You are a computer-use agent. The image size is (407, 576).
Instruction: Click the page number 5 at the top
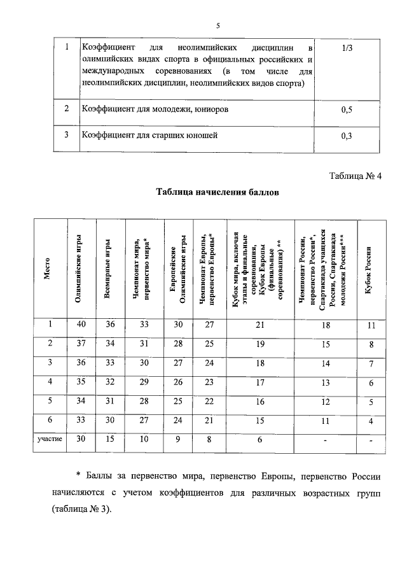pos(217,26)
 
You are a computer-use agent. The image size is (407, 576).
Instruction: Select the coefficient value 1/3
pos(347,48)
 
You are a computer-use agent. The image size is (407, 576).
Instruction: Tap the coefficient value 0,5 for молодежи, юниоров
pos(347,110)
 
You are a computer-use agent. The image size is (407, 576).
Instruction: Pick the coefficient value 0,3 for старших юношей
pos(347,136)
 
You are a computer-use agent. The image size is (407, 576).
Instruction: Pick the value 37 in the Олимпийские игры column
pos(81,344)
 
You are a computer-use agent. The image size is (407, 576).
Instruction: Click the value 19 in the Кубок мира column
pos(259,344)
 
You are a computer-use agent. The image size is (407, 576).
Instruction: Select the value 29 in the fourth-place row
pos(144,383)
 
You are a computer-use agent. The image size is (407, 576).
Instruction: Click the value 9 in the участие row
pos(177,439)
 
